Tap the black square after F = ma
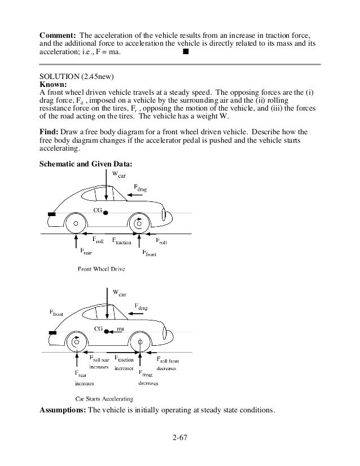pyautogui.click(x=184, y=52)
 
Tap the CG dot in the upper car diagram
pyautogui.click(x=106, y=212)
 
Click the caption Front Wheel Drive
pyautogui.click(x=101, y=269)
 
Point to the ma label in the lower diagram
pyautogui.click(x=120, y=328)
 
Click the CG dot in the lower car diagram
pyautogui.click(x=107, y=329)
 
